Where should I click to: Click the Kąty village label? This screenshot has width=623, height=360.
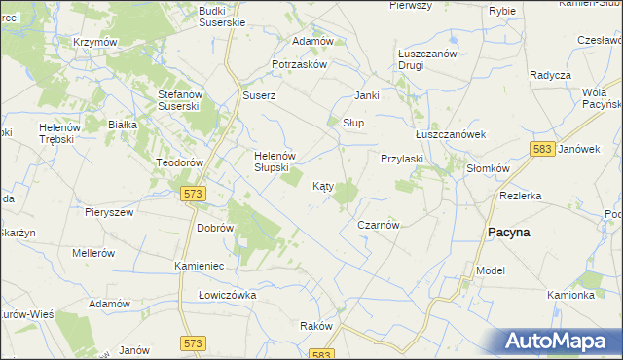pos(323,185)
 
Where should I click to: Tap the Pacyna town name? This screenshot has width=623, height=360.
pos(507,233)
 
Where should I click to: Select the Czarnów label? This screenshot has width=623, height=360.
pos(379,224)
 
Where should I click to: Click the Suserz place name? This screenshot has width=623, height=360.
pos(260,96)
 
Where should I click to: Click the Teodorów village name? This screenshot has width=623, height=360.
pos(178,162)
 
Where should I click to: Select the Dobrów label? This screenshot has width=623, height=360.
pos(215,227)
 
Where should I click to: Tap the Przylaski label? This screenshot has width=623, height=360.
pos(400,158)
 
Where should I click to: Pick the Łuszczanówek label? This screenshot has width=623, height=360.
pos(450,134)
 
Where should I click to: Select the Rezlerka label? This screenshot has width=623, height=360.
pos(520,195)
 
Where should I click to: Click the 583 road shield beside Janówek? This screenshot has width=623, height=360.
pos(543,149)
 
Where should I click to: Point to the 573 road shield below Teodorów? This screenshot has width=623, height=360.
pos(193,195)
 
